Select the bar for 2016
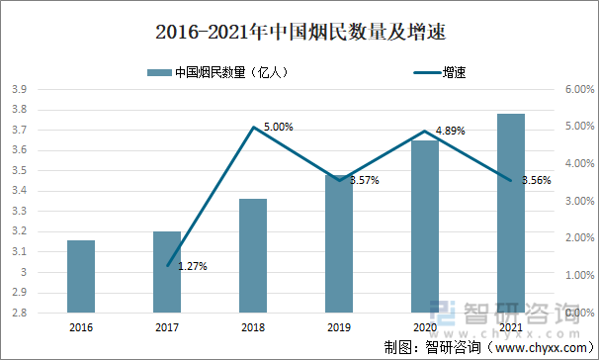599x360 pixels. [x=81, y=276]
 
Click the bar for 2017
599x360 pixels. [x=167, y=272]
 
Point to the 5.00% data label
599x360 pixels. [x=278, y=127]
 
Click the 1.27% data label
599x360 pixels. [x=192, y=266]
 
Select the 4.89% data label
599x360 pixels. [x=450, y=131]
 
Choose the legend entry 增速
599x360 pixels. [x=454, y=71]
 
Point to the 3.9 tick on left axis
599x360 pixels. [x=18, y=89]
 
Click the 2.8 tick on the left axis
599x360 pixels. [x=18, y=313]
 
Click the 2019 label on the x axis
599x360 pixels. [x=339, y=327]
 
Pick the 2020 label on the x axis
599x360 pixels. [x=425, y=327]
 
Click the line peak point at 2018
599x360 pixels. [x=253, y=127]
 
